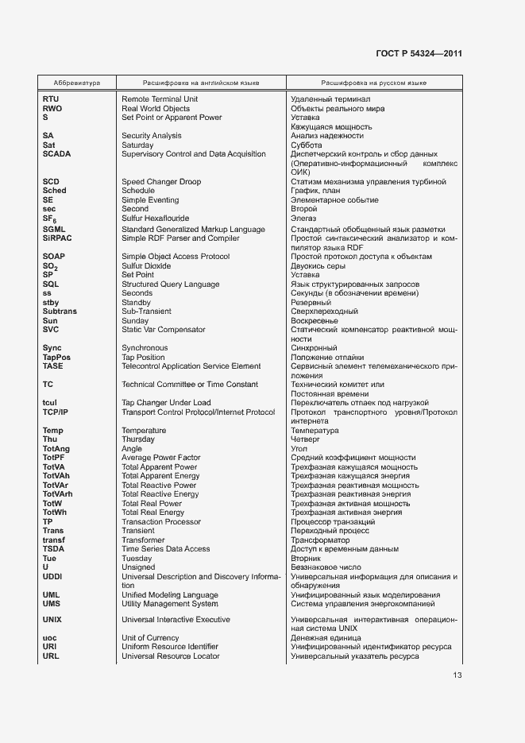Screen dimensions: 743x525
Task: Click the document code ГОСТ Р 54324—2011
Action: [419, 53]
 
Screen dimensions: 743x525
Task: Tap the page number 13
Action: [457, 675]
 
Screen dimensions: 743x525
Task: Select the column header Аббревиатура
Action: [76, 83]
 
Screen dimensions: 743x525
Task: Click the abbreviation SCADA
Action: [56, 154]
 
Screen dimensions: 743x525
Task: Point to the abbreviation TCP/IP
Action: [55, 412]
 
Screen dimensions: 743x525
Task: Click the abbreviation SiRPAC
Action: [56, 238]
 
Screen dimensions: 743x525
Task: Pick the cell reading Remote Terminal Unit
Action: [160, 99]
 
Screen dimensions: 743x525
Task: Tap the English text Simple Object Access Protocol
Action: [176, 257]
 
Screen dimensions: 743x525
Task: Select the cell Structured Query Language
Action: [170, 284]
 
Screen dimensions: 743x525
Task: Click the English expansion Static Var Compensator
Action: [163, 330]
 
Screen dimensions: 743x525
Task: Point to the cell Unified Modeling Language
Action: [169, 595]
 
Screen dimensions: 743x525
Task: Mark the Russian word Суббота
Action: [307, 145]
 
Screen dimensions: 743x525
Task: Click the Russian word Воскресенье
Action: [315, 320]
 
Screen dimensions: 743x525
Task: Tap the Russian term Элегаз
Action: [303, 219]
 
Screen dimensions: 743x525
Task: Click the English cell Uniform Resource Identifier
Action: [170, 647]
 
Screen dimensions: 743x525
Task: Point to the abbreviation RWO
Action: [52, 108]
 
